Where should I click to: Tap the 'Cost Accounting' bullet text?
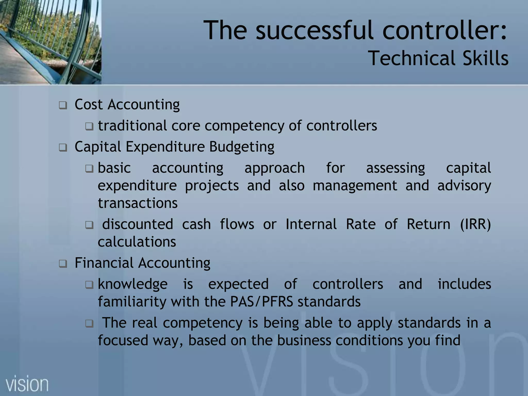[x=127, y=105]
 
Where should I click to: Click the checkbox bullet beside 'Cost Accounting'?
[x=63, y=105]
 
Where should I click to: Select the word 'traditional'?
[x=132, y=126]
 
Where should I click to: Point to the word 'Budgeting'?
[x=242, y=147]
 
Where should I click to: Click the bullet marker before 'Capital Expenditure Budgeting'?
[x=63, y=148]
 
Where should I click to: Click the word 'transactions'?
[x=138, y=203]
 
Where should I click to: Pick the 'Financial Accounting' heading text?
[x=142, y=263]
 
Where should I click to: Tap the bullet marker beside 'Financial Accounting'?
[x=63, y=264]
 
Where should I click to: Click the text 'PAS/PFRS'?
[x=262, y=302]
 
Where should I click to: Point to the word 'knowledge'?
[x=133, y=284]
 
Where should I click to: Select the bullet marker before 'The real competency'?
[x=89, y=323]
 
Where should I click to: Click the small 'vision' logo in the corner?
[x=27, y=384]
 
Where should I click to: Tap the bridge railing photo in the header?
[x=51, y=42]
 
